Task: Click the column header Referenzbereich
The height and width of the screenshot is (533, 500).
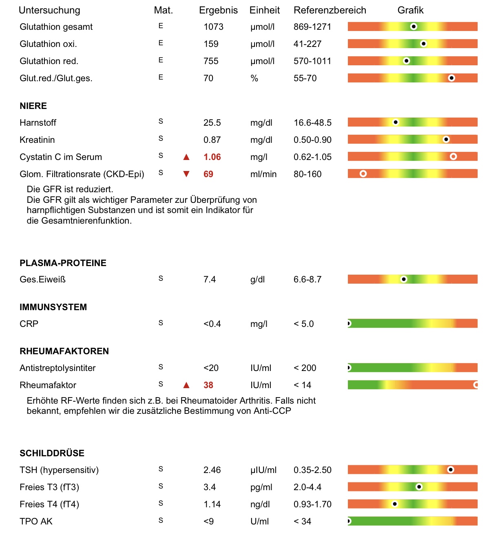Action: [x=330, y=10]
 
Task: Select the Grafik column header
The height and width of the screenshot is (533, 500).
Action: [x=410, y=10]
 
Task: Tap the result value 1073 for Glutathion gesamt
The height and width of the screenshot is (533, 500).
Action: [x=213, y=27]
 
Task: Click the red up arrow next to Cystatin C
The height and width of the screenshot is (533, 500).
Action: [x=186, y=157]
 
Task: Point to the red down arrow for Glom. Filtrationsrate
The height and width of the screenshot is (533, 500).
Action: [x=186, y=174]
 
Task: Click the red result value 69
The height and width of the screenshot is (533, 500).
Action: [x=208, y=174]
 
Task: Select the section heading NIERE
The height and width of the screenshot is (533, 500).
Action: [x=33, y=106]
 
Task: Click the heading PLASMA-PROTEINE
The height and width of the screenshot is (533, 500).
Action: [x=63, y=263]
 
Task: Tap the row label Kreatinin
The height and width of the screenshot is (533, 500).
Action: [x=37, y=140]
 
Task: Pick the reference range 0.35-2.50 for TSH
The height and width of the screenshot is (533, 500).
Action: [x=312, y=470]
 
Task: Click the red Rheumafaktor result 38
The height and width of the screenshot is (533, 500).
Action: [x=208, y=385]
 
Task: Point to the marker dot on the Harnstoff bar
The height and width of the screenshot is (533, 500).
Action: [x=395, y=122]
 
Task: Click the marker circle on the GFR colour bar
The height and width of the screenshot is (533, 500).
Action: [x=363, y=173]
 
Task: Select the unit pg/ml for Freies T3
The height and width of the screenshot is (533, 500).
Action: [x=261, y=487]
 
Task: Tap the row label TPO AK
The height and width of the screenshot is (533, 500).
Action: [x=36, y=522]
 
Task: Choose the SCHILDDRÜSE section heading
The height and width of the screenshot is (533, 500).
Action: [x=52, y=453]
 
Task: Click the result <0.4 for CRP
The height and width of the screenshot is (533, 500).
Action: [x=212, y=324]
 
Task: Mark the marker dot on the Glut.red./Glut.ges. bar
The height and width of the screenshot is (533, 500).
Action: [x=451, y=78]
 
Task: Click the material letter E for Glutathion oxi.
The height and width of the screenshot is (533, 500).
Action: [x=161, y=43]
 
